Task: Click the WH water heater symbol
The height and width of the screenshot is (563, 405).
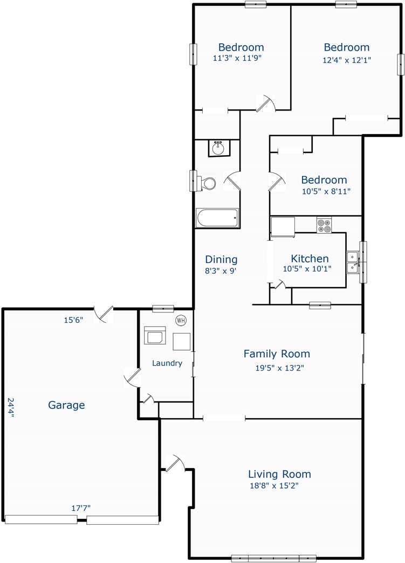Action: [181, 320]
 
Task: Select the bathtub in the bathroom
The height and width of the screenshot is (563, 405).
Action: [217, 218]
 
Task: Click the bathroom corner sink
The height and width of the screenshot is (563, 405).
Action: [219, 148]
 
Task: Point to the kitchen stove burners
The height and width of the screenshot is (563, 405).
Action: [324, 225]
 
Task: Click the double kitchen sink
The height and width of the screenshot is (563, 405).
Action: [353, 262]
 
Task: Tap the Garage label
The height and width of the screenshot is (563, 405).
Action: [66, 405]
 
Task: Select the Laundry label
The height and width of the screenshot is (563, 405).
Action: [167, 363]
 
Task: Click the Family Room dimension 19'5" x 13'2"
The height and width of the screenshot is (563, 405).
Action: [279, 367]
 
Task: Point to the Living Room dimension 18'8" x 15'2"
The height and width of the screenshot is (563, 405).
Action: [274, 486]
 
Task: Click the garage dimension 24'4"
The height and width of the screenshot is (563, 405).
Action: [11, 407]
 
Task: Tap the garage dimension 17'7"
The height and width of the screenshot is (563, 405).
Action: [81, 508]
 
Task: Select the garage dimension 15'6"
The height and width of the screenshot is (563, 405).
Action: [74, 320]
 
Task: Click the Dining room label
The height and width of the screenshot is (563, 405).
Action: [221, 259]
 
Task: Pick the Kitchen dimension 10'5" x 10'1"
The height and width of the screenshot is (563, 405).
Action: [307, 269]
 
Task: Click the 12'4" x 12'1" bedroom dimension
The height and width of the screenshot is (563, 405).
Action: [347, 60]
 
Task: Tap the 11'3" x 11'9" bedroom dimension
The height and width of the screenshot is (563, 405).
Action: [237, 58]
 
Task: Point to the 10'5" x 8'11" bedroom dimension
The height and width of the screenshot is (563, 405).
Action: [326, 191]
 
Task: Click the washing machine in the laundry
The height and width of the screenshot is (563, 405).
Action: [155, 336]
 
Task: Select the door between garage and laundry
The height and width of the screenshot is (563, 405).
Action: [132, 377]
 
